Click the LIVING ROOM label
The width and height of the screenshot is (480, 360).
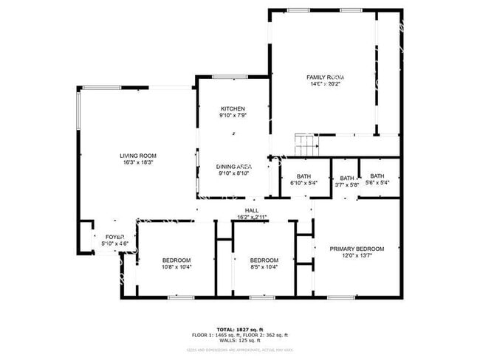pos(137,156)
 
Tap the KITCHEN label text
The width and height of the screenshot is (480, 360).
pos(232,108)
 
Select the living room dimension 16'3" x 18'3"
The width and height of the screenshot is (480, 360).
pos(137,163)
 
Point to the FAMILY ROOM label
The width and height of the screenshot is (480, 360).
pos(326,77)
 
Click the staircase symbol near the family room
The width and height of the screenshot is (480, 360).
pos(305,145)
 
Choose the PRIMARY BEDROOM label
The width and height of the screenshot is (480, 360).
pos(357,249)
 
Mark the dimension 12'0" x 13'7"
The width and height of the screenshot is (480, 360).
pos(357,257)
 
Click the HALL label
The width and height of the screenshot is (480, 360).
pos(252,210)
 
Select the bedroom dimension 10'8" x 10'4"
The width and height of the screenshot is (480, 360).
pos(176,267)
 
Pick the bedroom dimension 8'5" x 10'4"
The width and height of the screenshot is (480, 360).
pos(264,267)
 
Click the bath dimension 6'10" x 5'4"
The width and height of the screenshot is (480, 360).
pos(304,184)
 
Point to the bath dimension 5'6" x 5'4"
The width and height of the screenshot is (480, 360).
pos(377,184)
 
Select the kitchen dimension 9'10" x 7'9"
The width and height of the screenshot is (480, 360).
pos(232,116)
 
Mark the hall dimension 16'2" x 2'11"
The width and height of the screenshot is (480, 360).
pos(252,217)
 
